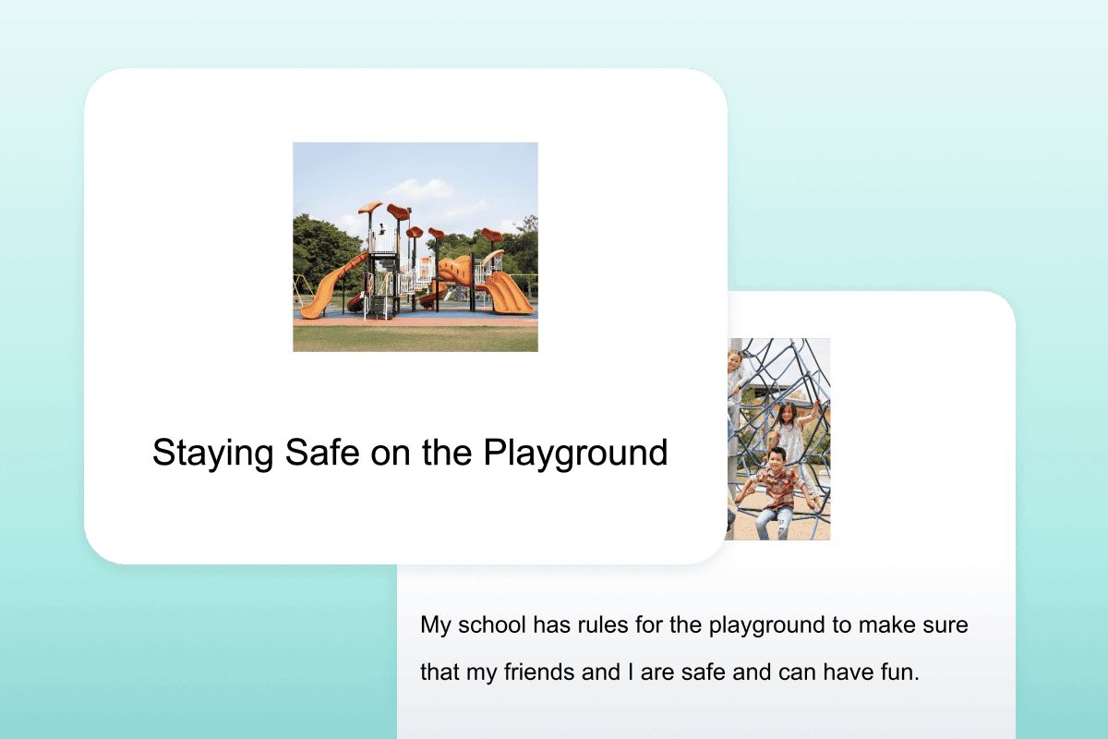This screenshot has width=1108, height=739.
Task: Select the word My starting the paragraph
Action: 436,625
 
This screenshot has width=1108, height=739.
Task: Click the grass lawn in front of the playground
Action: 415,338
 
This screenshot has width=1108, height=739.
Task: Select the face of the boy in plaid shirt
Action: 777,459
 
